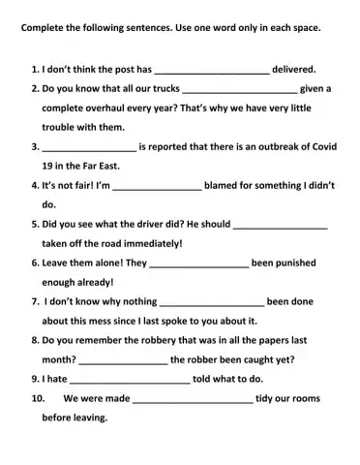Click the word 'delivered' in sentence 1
click(x=294, y=70)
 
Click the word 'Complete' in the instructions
click(x=45, y=28)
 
